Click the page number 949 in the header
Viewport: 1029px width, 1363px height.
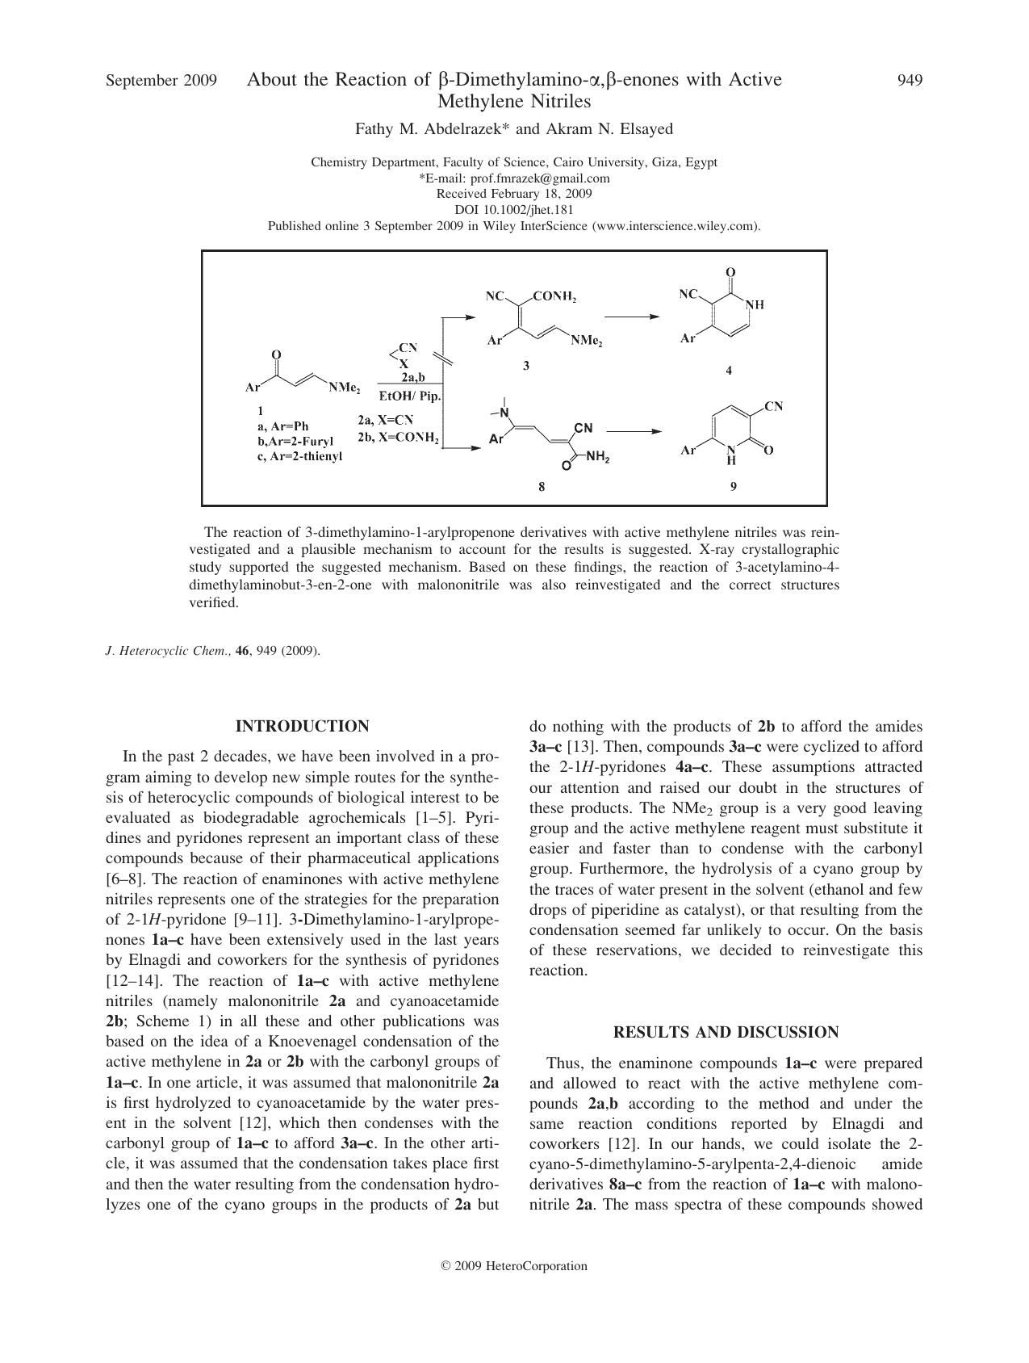pos(910,80)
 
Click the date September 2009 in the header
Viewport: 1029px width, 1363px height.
pos(161,81)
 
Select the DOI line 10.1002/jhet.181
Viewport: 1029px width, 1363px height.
pos(514,210)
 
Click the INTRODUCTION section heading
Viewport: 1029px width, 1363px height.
pos(302,727)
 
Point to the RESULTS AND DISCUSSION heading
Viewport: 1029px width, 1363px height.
pos(726,1032)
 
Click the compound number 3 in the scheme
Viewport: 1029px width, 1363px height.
pos(526,366)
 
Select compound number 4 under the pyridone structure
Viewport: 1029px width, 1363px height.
pos(729,371)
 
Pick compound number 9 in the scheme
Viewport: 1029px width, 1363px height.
pos(733,486)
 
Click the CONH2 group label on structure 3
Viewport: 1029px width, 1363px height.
pos(554,296)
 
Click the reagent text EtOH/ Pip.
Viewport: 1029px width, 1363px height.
pos(410,396)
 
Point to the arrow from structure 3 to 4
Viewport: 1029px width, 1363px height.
pos(632,317)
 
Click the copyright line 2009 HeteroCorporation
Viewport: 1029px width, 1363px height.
pos(514,1266)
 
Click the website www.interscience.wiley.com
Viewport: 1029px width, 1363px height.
pos(675,226)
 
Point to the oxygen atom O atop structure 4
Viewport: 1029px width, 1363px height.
pos(730,273)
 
